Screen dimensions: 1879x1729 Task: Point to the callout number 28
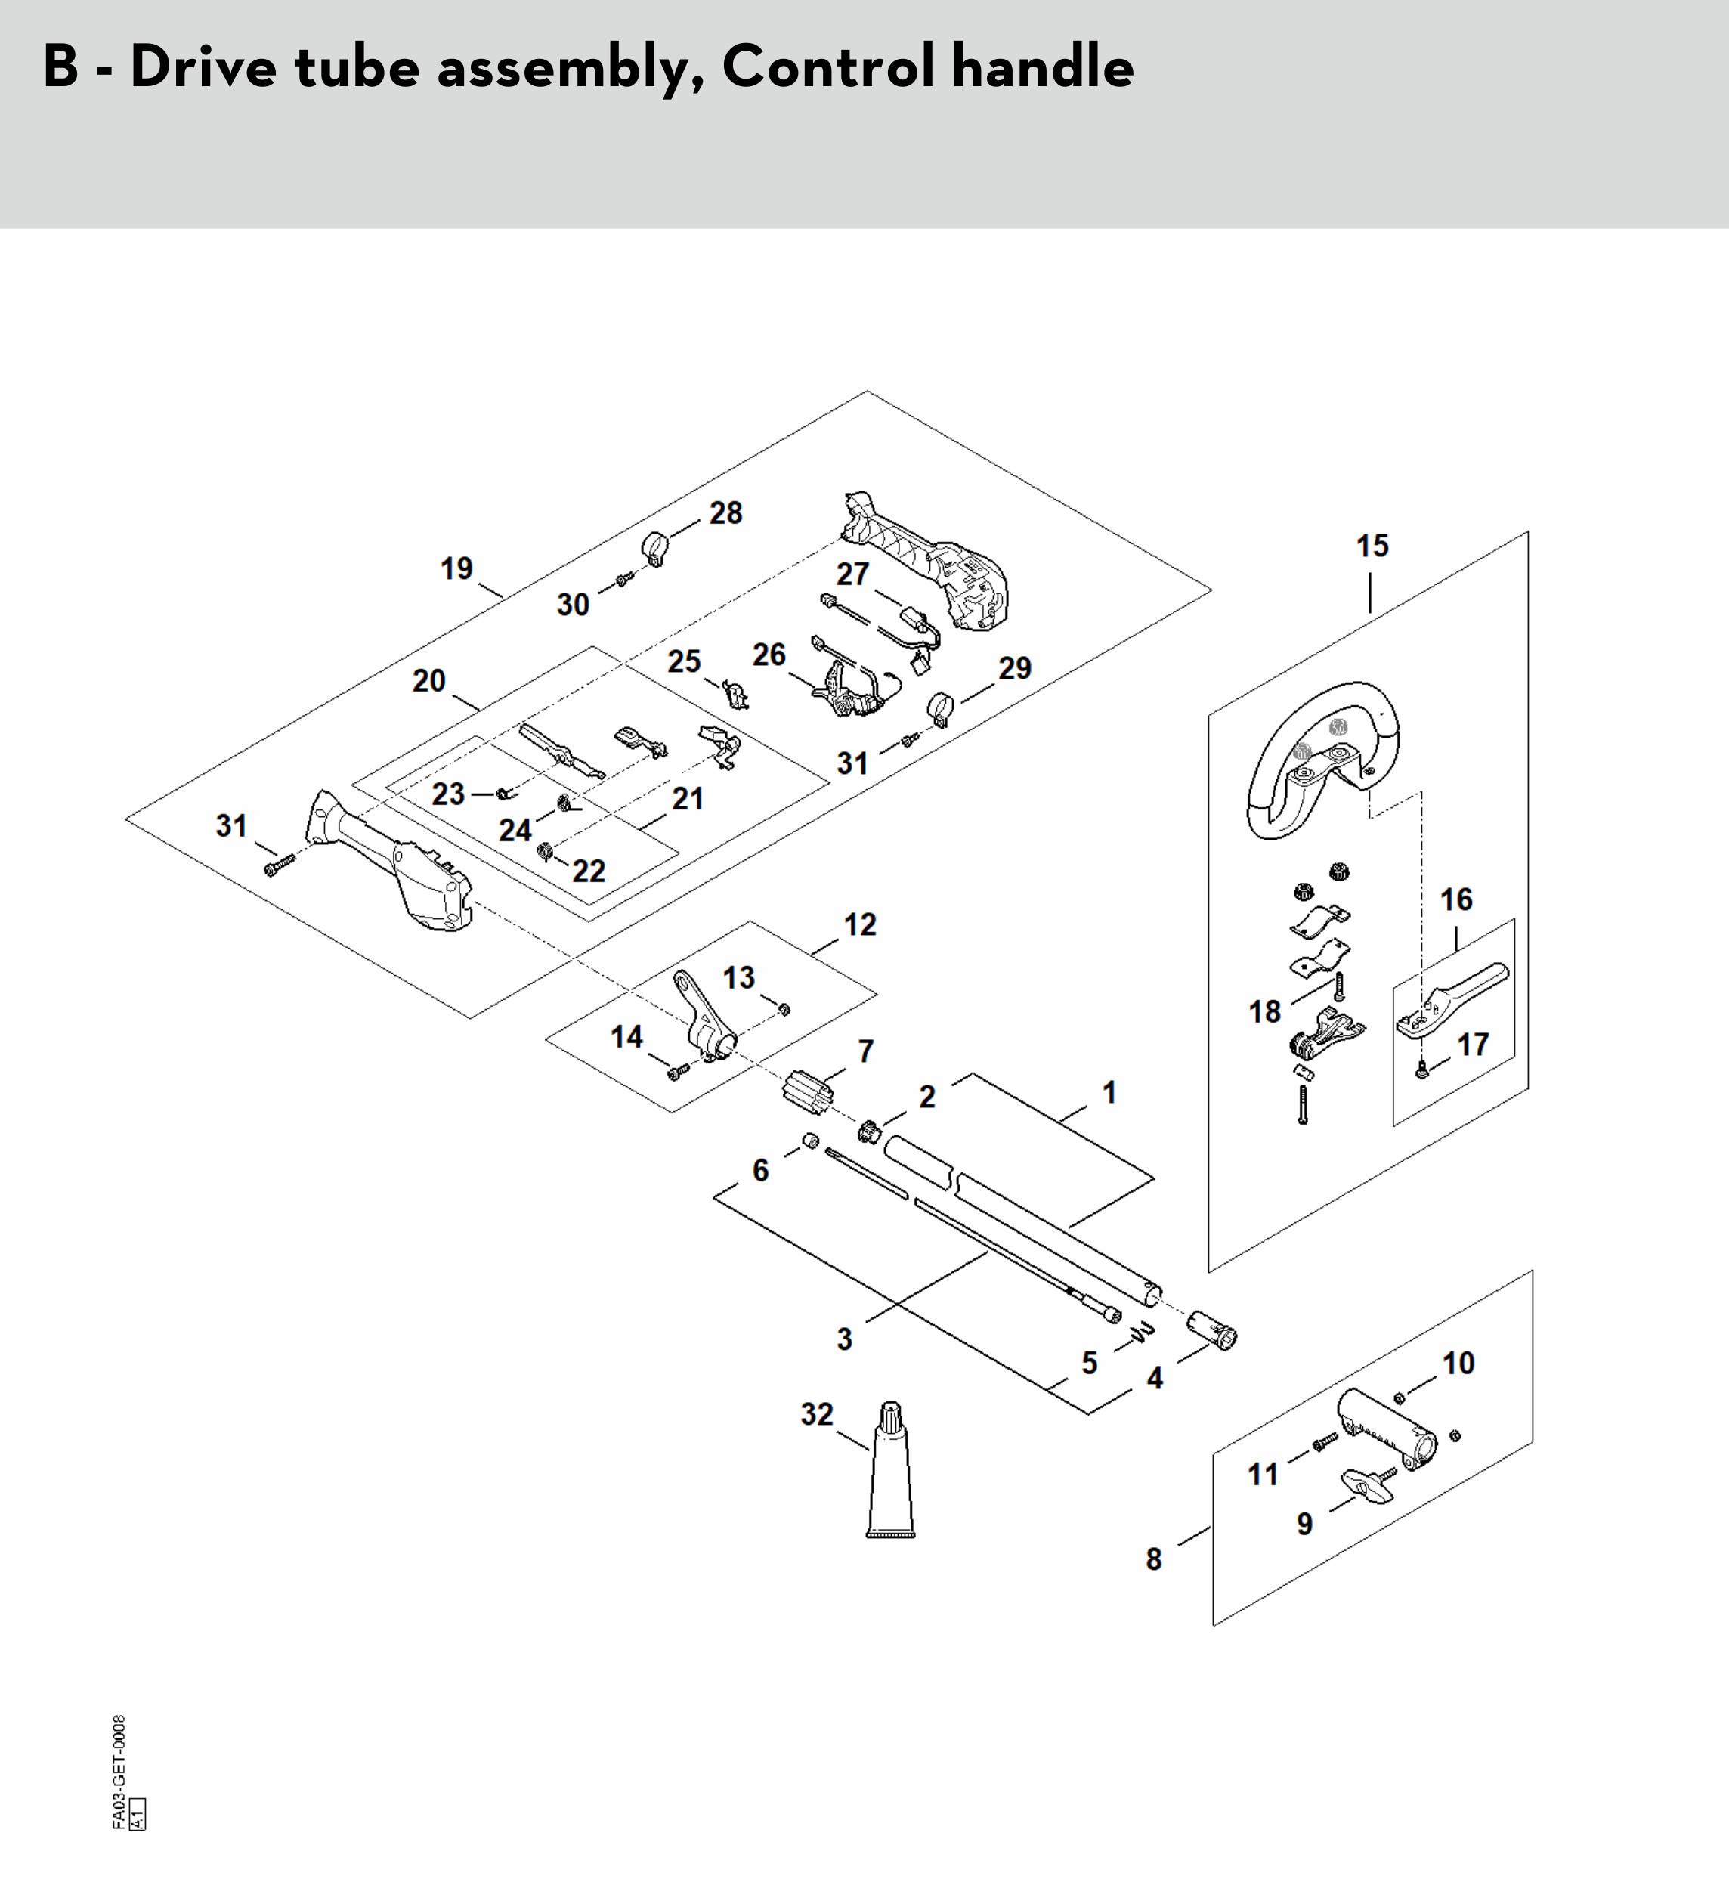[725, 512]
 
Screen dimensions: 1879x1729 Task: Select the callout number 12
[860, 924]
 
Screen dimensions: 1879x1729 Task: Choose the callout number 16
[1455, 899]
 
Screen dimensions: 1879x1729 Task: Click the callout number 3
[844, 1339]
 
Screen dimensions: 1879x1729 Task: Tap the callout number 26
[769, 654]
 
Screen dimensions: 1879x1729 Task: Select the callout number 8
[1154, 1559]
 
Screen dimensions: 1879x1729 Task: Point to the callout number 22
[589, 871]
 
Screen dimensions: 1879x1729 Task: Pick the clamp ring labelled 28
[657, 546]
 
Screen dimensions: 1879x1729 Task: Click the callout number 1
[1109, 1092]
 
